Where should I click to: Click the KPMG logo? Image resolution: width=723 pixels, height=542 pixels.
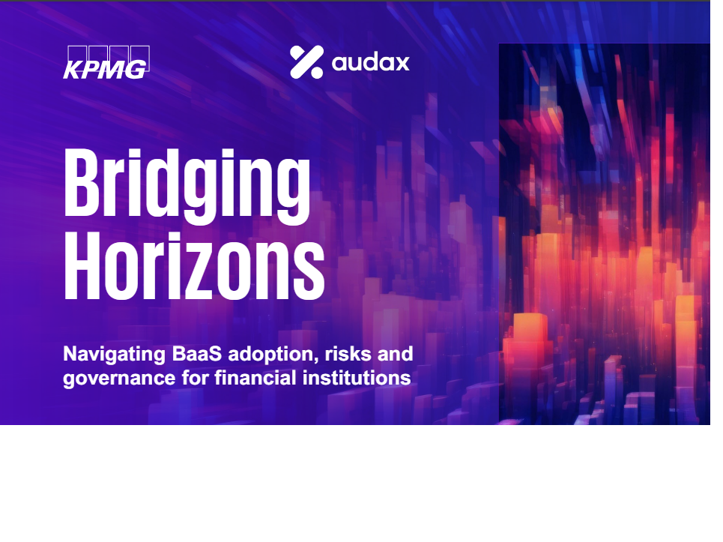(106, 62)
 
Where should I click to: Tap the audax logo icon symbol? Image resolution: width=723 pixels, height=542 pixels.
(306, 61)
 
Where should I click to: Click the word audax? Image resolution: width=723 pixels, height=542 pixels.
(370, 62)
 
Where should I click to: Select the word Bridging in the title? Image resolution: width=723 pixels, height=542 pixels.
(187, 187)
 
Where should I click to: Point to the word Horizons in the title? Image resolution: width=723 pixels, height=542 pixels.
(194, 265)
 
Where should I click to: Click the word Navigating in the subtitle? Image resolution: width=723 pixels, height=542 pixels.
(114, 355)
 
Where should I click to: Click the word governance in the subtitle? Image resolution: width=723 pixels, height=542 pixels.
(119, 379)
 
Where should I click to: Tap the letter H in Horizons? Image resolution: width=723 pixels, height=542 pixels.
(82, 265)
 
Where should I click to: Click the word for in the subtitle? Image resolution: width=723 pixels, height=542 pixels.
(195, 377)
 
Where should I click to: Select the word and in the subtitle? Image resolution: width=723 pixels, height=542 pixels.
(395, 354)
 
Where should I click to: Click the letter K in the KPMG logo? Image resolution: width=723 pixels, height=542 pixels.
(73, 70)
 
